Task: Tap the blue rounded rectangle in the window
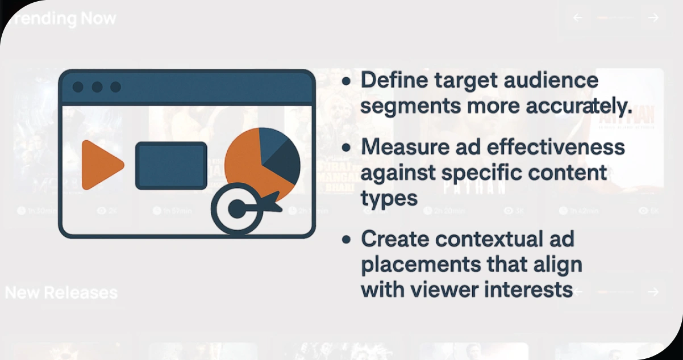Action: (x=171, y=165)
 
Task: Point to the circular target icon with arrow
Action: (x=239, y=209)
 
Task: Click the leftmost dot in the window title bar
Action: (x=78, y=87)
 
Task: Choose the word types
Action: (x=389, y=198)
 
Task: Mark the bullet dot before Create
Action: (x=346, y=240)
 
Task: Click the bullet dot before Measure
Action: (x=346, y=148)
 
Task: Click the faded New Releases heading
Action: (x=61, y=292)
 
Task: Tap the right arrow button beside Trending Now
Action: (x=653, y=18)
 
